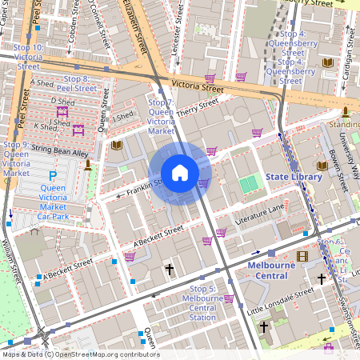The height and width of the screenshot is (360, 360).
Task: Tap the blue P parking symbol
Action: (53, 175)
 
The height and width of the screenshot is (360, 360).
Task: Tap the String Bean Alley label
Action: (60, 150)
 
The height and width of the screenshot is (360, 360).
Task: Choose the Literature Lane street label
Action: (260, 214)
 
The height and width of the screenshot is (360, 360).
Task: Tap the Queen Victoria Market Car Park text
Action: (53, 202)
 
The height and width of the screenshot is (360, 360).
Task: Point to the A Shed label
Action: (40, 82)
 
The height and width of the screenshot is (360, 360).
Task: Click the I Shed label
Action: (123, 117)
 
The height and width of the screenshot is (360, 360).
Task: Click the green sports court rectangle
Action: (250, 184)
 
